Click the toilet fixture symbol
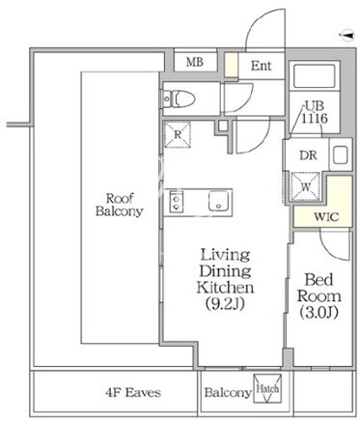[179, 98]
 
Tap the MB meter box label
[195, 62]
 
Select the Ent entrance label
[262, 66]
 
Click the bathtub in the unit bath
[315, 76]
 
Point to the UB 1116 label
[315, 113]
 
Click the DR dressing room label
[308, 155]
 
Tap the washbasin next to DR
[341, 155]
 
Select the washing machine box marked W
[306, 187]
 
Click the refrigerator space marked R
[178, 134]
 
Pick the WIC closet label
[326, 216]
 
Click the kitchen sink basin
[220, 202]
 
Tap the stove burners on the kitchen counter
[177, 202]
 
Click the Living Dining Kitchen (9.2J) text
[225, 279]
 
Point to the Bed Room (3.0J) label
[319, 296]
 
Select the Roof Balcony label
[120, 205]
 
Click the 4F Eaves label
[133, 392]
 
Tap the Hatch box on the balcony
[267, 388]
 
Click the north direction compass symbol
[346, 35]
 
